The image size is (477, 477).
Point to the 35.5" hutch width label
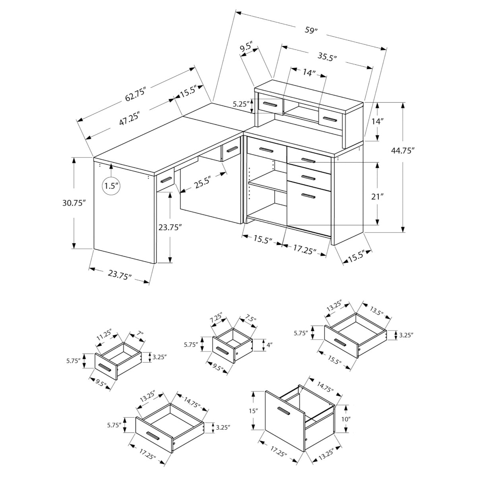327,56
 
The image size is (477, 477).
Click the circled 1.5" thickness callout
111,185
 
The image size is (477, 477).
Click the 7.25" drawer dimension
217,318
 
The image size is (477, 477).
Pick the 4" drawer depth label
269,345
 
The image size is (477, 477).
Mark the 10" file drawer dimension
345,419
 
